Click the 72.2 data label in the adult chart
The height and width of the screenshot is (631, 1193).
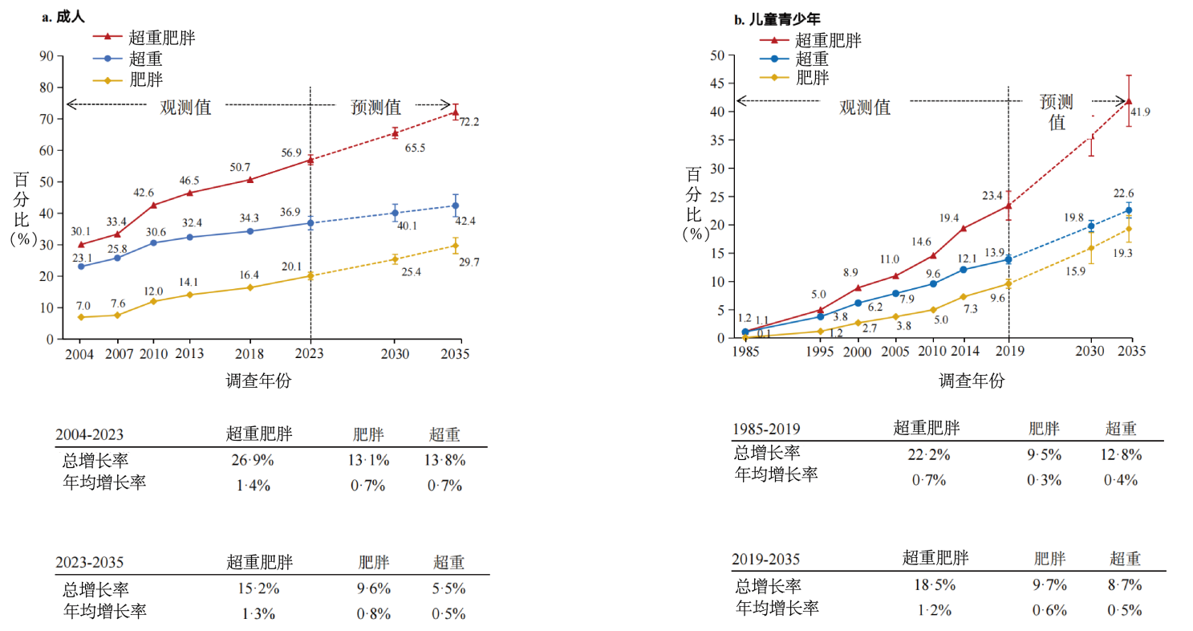point(469,122)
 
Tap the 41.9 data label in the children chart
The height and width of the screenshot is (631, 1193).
point(1140,112)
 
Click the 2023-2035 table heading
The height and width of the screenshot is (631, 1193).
point(89,563)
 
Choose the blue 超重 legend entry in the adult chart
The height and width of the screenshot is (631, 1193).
point(147,59)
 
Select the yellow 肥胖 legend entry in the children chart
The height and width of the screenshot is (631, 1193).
point(812,78)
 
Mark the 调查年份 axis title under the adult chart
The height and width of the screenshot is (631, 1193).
point(258,381)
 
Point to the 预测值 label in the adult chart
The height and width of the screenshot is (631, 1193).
point(375,108)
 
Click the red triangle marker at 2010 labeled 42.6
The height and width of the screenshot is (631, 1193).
point(153,205)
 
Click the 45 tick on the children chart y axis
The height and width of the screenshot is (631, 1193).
point(718,83)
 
